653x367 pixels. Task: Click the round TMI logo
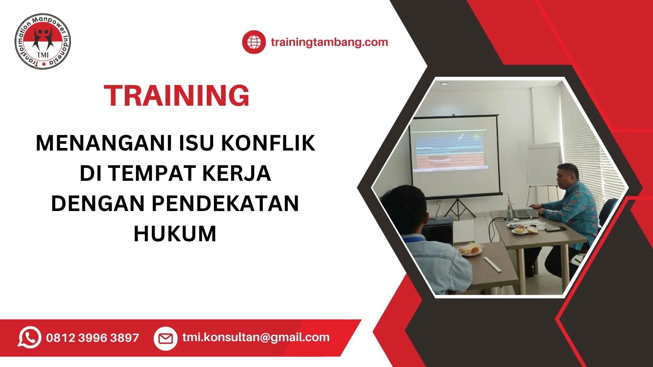[43, 41]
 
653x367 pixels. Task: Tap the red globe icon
[254, 42]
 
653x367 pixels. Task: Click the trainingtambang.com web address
[329, 42]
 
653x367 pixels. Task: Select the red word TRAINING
[177, 95]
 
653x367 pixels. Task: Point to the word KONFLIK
[268, 143]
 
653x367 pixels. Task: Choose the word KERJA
[237, 173]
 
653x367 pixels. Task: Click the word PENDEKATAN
[225, 204]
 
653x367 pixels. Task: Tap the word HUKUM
[175, 234]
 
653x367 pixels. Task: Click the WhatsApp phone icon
[30, 337]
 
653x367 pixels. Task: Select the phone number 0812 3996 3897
[93, 338]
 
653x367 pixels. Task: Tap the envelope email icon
[166, 338]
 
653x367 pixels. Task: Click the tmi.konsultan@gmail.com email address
[256, 337]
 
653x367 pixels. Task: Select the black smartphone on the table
[555, 229]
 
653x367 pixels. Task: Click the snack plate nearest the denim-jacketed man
[470, 250]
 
